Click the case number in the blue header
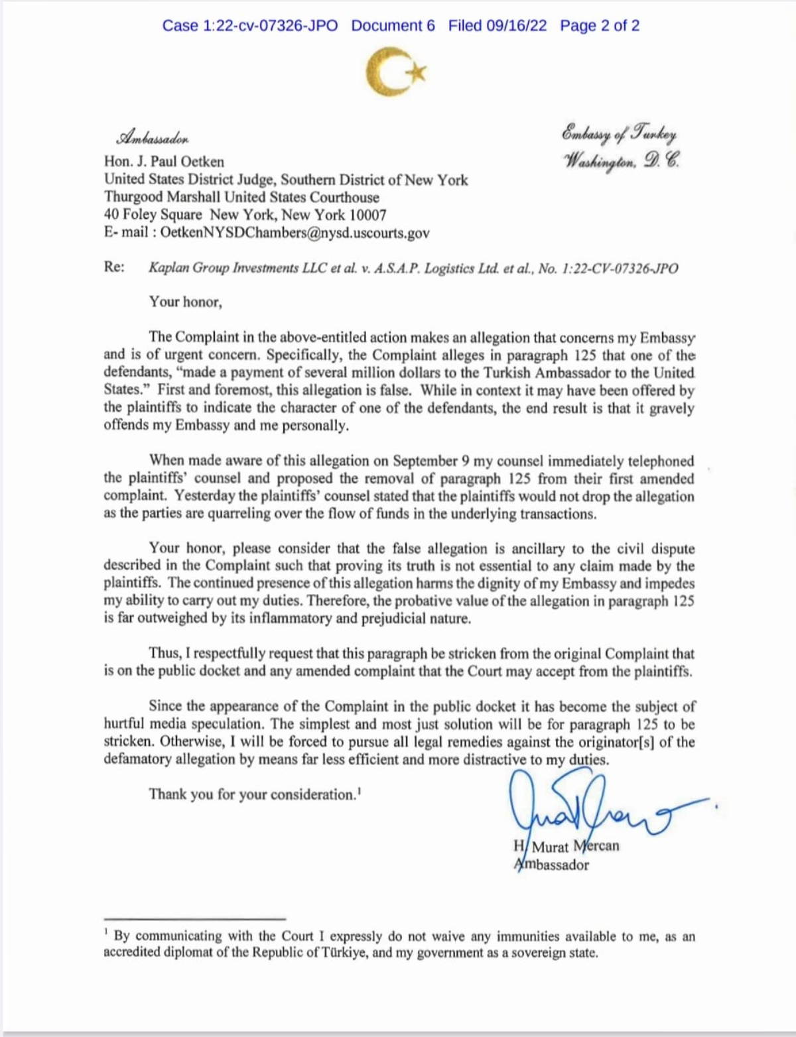[x=249, y=26]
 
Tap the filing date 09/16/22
[x=516, y=26]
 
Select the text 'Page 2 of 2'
[x=600, y=26]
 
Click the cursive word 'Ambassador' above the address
[x=153, y=139]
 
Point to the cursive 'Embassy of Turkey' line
[x=619, y=133]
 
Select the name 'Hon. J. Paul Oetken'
[x=164, y=162]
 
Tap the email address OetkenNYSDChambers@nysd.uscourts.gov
[x=295, y=233]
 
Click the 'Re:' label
[x=114, y=267]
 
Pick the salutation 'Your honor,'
[x=186, y=302]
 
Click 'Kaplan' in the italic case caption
[x=168, y=268]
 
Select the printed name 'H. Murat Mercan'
[x=566, y=847]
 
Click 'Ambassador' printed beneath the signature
[x=552, y=865]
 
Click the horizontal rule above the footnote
[x=194, y=919]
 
